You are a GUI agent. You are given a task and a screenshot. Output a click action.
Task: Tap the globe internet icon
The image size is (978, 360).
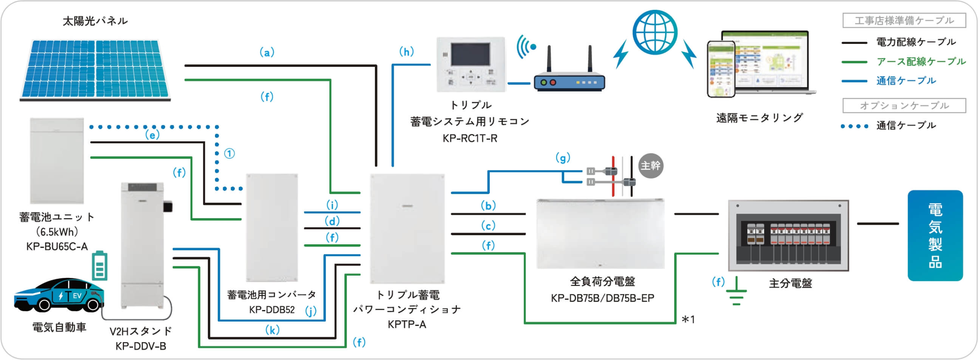(x=655, y=32)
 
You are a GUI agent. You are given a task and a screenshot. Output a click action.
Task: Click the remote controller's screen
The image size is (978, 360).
(x=470, y=54)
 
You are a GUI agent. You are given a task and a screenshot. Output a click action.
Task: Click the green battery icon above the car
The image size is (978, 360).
(x=99, y=266)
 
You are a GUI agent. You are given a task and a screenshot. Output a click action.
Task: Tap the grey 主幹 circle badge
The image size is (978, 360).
(x=651, y=166)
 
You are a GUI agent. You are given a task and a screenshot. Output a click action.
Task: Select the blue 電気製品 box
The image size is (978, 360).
(x=935, y=236)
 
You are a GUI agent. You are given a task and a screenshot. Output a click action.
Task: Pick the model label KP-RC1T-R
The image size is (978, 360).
(x=470, y=139)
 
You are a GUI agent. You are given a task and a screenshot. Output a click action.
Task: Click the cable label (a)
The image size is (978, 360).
(x=267, y=53)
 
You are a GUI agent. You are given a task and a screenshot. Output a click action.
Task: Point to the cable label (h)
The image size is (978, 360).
(x=406, y=52)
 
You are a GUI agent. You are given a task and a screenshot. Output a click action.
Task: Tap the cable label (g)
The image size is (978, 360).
(x=563, y=158)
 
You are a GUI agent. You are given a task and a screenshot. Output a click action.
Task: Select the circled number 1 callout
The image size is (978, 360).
(x=229, y=154)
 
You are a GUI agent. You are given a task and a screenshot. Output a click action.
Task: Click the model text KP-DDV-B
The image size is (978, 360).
(x=141, y=346)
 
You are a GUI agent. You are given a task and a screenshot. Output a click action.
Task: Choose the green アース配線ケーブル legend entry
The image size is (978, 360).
(x=921, y=62)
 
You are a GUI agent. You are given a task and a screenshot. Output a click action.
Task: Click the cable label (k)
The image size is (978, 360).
(x=272, y=330)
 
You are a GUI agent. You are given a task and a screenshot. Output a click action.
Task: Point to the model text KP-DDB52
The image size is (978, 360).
(x=272, y=310)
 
